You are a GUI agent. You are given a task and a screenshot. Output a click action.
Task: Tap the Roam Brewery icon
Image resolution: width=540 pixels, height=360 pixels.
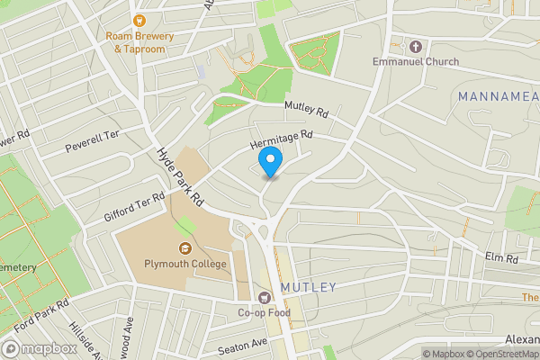pos(139,19)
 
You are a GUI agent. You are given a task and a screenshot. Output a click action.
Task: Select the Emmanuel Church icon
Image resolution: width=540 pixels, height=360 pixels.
pos(415,46)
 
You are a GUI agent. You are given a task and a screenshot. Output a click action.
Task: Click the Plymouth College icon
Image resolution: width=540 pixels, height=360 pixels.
pos(185,248)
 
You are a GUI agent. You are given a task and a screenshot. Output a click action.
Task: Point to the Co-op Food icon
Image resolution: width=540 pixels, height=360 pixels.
pos(265,297)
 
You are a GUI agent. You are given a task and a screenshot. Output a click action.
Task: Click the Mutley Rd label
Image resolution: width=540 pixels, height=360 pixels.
pos(307,109)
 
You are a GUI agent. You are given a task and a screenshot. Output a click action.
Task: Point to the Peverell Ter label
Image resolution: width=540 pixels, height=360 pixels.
pos(93,140)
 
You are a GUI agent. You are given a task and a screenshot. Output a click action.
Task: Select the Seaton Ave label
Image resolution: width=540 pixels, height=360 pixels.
pos(242,344)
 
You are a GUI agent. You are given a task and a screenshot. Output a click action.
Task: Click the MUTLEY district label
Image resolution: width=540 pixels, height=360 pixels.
pos(309,287)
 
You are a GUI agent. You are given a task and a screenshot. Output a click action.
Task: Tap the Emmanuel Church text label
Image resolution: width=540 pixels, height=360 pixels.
pos(417,62)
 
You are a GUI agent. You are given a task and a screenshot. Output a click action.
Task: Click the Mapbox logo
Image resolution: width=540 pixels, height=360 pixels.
pos(40,348)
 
